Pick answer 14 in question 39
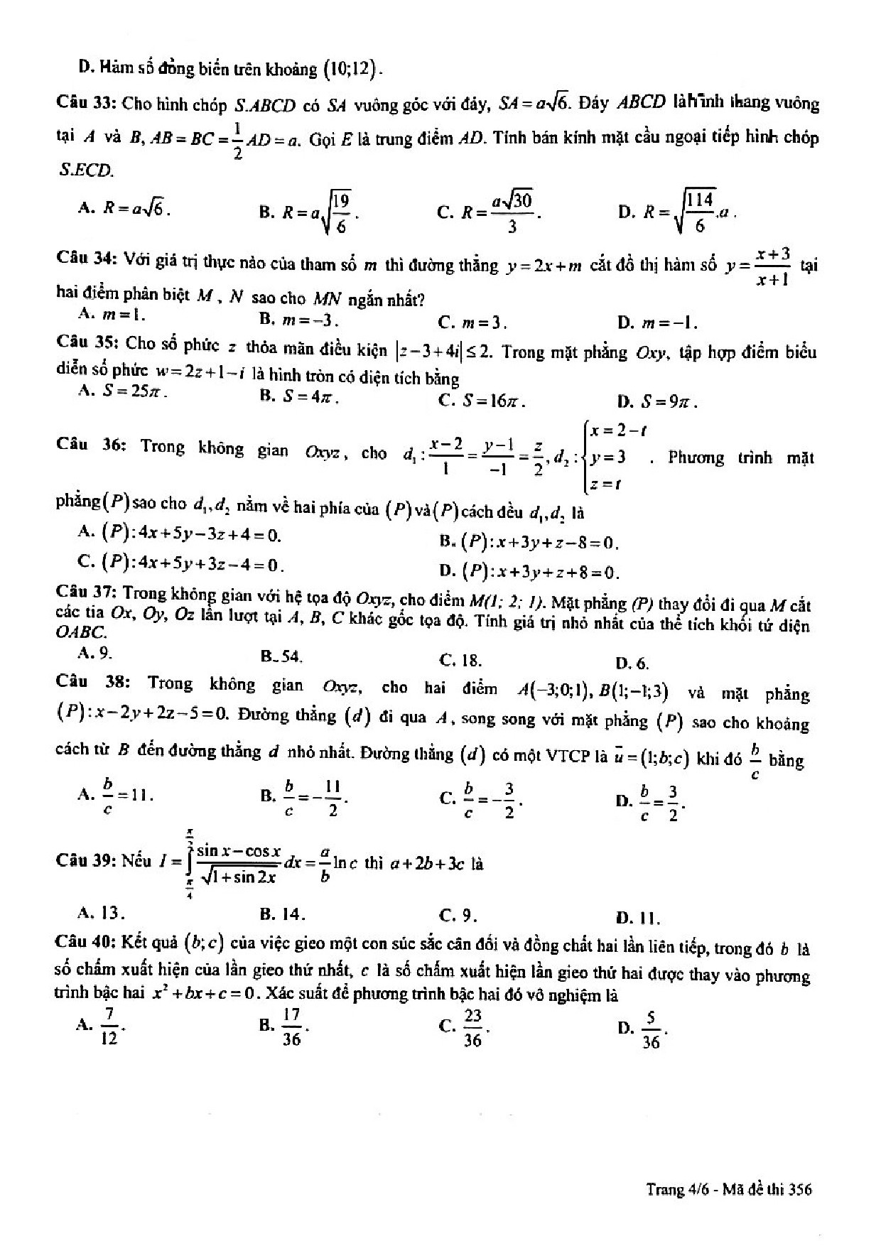290,914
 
